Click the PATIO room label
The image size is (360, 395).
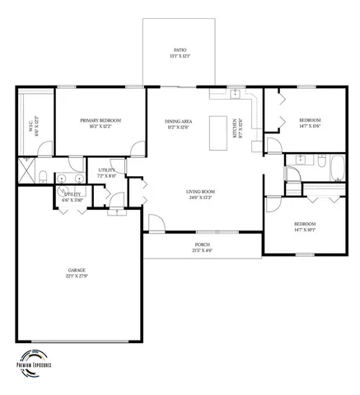180,49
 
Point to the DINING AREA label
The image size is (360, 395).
179,121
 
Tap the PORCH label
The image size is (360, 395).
202,244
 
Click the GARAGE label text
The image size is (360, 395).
77,270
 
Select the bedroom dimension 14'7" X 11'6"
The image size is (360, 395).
309,125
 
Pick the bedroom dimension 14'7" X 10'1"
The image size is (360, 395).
305,230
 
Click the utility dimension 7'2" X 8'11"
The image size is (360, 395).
109,175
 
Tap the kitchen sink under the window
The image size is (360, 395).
234,93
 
